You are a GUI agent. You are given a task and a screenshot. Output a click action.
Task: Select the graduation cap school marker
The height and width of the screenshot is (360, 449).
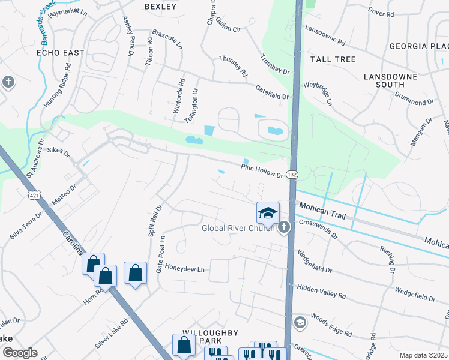[x=268, y=212]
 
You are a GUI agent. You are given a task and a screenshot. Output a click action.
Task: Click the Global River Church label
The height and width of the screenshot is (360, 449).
[x=238, y=228]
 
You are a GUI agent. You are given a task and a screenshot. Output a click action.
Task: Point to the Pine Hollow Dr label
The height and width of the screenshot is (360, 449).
[x=262, y=170]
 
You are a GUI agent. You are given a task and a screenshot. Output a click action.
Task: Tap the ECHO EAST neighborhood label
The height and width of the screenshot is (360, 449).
[x=61, y=53]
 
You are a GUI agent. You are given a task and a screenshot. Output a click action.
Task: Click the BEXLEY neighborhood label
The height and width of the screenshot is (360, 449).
[x=161, y=7]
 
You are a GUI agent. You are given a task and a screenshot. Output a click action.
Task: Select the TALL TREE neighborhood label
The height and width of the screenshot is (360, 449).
[x=333, y=59]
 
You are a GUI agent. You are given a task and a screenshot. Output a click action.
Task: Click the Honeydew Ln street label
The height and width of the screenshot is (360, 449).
[x=185, y=269]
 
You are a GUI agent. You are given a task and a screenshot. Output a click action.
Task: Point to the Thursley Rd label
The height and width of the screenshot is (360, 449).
[x=234, y=67]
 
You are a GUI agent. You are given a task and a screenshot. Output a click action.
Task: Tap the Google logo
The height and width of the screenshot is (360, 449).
[x=20, y=353]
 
